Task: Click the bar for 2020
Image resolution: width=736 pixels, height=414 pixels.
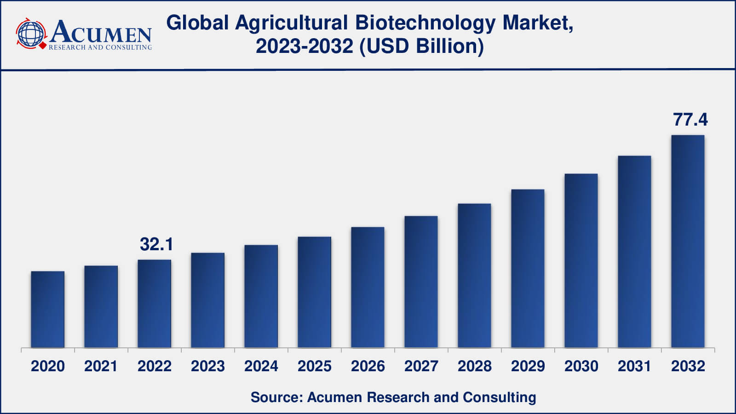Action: pyautogui.click(x=48, y=309)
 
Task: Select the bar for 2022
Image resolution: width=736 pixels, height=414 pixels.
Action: pyautogui.click(x=155, y=304)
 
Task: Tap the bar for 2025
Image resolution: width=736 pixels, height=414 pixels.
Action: pyautogui.click(x=315, y=292)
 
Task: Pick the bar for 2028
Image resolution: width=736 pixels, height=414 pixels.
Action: pyautogui.click(x=474, y=276)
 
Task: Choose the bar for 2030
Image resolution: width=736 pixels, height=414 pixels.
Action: pyautogui.click(x=581, y=260)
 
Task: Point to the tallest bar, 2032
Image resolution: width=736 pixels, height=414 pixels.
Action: pyautogui.click(x=688, y=241)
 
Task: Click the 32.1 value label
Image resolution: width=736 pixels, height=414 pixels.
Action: pyautogui.click(x=156, y=244)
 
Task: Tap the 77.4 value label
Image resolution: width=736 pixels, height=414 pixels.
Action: pyautogui.click(x=690, y=120)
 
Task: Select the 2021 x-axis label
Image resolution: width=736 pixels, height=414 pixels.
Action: pyautogui.click(x=101, y=366)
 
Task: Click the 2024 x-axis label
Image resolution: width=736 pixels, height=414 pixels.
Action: pyautogui.click(x=261, y=366)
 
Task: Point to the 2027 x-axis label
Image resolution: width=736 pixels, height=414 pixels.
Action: pyautogui.click(x=421, y=366)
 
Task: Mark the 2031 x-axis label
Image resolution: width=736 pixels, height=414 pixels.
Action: pyautogui.click(x=634, y=366)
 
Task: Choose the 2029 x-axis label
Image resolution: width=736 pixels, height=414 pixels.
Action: pyautogui.click(x=528, y=366)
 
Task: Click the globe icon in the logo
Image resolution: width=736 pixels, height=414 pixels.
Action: pyautogui.click(x=30, y=34)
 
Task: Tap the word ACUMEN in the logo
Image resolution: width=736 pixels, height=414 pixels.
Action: pyautogui.click(x=101, y=32)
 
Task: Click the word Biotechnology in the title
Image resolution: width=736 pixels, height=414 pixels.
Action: pyautogui.click(x=425, y=23)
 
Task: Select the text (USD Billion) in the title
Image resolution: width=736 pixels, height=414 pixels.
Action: pyautogui.click(x=422, y=46)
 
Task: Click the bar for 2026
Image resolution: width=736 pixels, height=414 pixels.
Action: pyautogui.click(x=368, y=287)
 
